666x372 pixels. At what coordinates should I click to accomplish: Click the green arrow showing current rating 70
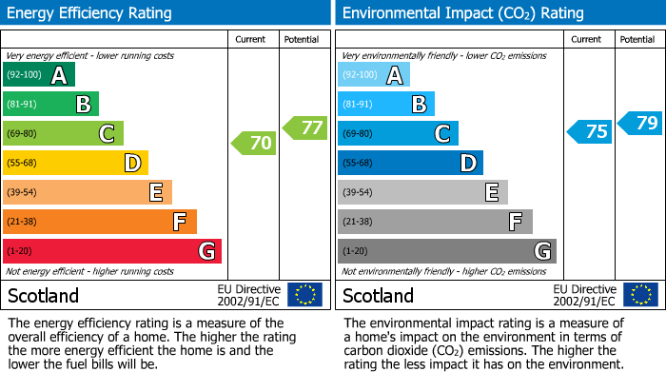(x=254, y=144)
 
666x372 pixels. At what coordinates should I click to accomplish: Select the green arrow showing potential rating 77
(x=305, y=127)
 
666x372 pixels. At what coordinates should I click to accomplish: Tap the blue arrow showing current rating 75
(x=589, y=131)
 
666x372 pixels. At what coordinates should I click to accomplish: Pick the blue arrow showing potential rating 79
(x=640, y=123)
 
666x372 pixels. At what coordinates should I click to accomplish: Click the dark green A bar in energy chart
(x=39, y=75)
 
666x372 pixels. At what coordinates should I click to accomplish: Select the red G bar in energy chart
(x=112, y=251)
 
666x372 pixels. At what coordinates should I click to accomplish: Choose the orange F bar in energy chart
(x=100, y=222)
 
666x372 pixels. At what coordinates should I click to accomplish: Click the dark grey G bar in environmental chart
(x=446, y=251)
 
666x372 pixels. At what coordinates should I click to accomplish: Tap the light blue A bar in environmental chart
(x=374, y=75)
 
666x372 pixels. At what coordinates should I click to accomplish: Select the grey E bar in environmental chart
(x=422, y=192)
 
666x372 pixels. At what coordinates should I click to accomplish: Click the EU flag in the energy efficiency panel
(x=304, y=294)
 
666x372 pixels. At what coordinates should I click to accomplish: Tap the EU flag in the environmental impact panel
(x=640, y=294)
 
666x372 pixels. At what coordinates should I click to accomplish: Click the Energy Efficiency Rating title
(x=89, y=13)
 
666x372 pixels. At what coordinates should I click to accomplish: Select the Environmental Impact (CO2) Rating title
(x=461, y=13)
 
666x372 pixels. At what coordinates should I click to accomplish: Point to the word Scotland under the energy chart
(x=44, y=295)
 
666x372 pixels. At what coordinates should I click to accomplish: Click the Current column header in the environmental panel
(x=587, y=39)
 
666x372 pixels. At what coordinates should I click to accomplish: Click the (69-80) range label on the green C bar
(x=23, y=134)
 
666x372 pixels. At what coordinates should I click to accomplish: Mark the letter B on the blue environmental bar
(x=419, y=105)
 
